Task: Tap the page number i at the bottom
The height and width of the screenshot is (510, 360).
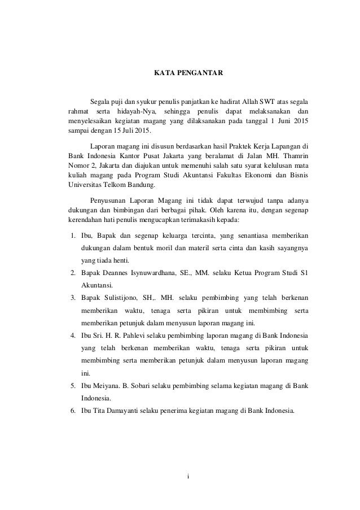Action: [x=189, y=482]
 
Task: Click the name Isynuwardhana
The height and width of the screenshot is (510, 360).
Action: [x=151, y=273]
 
